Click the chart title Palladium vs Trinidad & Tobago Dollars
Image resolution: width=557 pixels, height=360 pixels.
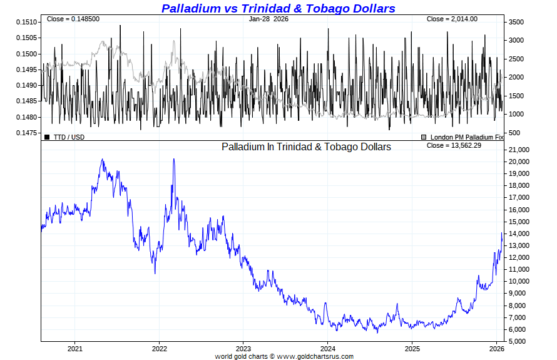[278, 8]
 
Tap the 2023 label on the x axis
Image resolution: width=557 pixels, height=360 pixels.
[243, 348]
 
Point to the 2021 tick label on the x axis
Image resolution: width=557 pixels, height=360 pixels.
[74, 348]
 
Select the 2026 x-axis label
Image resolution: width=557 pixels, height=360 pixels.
[496, 348]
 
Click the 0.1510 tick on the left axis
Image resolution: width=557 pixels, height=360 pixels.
[27, 22]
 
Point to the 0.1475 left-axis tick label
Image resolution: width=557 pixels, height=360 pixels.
[27, 133]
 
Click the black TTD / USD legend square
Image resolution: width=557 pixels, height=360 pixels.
[47, 136]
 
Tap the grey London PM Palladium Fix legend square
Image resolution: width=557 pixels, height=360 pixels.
[424, 136]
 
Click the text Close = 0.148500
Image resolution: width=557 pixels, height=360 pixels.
[73, 19]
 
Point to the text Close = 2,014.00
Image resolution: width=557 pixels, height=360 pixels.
[452, 19]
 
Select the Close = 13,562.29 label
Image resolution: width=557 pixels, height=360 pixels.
[455, 146]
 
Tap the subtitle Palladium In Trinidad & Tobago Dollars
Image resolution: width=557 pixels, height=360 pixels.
[306, 147]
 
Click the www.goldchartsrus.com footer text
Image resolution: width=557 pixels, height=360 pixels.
[315, 356]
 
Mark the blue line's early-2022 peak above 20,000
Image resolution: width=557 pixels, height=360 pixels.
[173, 159]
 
